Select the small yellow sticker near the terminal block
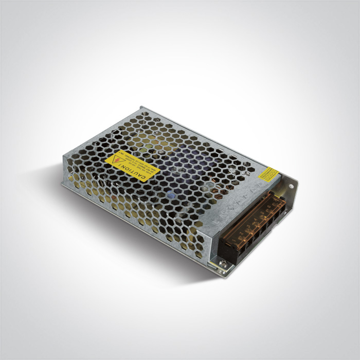coord(269,174)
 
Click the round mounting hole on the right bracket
coord(291,186)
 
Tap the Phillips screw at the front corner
coord(223,263)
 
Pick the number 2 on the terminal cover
coord(241,233)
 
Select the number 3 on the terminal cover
coord(248,226)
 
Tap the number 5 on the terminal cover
coord(262,212)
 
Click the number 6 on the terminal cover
coord(269,206)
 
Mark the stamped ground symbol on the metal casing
coord(229,208)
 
